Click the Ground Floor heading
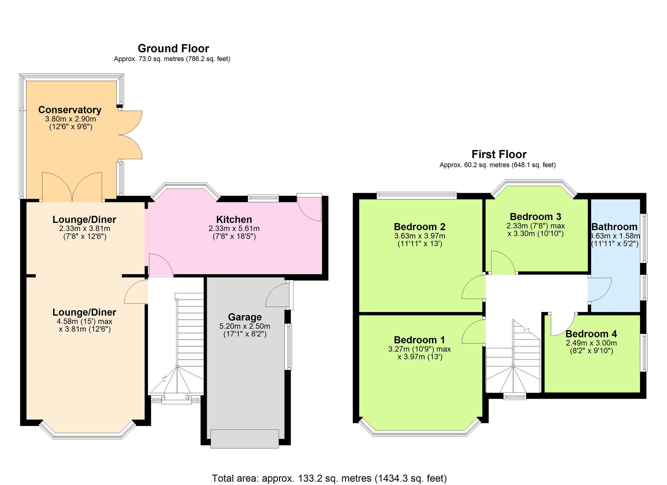pyautogui.click(x=173, y=49)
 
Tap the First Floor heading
pyautogui.click(x=499, y=154)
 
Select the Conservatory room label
pyautogui.click(x=70, y=110)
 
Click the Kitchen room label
pyautogui.click(x=234, y=219)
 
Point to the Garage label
pyautogui.click(x=245, y=317)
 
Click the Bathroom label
pyautogui.click(x=614, y=227)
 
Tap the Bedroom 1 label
pyautogui.click(x=420, y=340)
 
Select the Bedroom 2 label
pyautogui.click(x=420, y=227)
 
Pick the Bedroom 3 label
pyautogui.click(x=536, y=217)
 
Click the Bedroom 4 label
pyautogui.click(x=591, y=334)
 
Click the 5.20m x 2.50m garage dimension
pyautogui.click(x=245, y=326)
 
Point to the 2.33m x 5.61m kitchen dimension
pyautogui.click(x=234, y=229)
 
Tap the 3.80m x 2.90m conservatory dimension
pyautogui.click(x=70, y=119)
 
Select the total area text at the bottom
pyautogui.click(x=329, y=479)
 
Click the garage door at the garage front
pyautogui.click(x=245, y=439)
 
